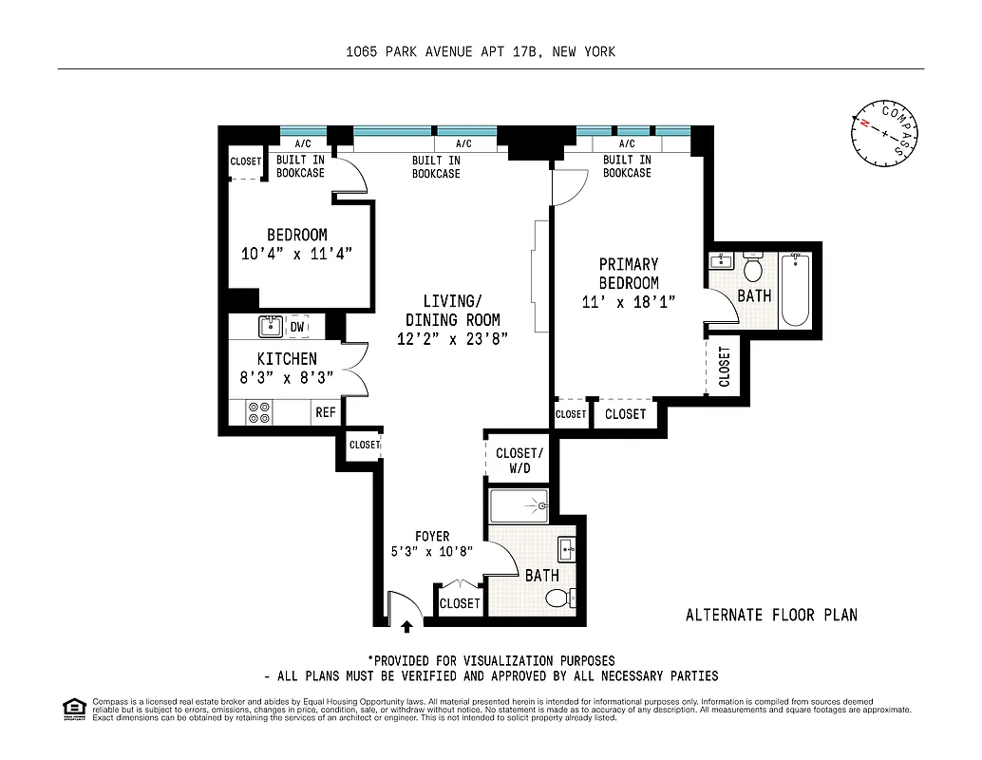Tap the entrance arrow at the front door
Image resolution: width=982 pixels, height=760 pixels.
[x=407, y=625]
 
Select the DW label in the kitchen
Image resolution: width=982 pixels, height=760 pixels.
[x=297, y=327]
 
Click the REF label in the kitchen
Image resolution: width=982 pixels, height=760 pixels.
[x=326, y=412]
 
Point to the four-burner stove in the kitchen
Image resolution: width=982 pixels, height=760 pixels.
[x=259, y=412]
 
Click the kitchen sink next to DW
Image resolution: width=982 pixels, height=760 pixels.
[x=269, y=327]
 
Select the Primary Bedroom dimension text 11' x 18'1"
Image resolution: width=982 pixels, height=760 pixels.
[x=629, y=302]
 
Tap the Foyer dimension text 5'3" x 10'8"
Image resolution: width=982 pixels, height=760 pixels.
[x=432, y=552]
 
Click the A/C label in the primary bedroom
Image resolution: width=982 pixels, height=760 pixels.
[x=627, y=143]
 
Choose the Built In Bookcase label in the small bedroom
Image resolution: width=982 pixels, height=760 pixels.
[x=300, y=166]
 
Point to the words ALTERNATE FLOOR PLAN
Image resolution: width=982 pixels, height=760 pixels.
[x=771, y=615]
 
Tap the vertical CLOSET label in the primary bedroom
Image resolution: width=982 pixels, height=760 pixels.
[x=726, y=366]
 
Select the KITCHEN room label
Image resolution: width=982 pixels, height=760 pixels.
[x=287, y=359]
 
